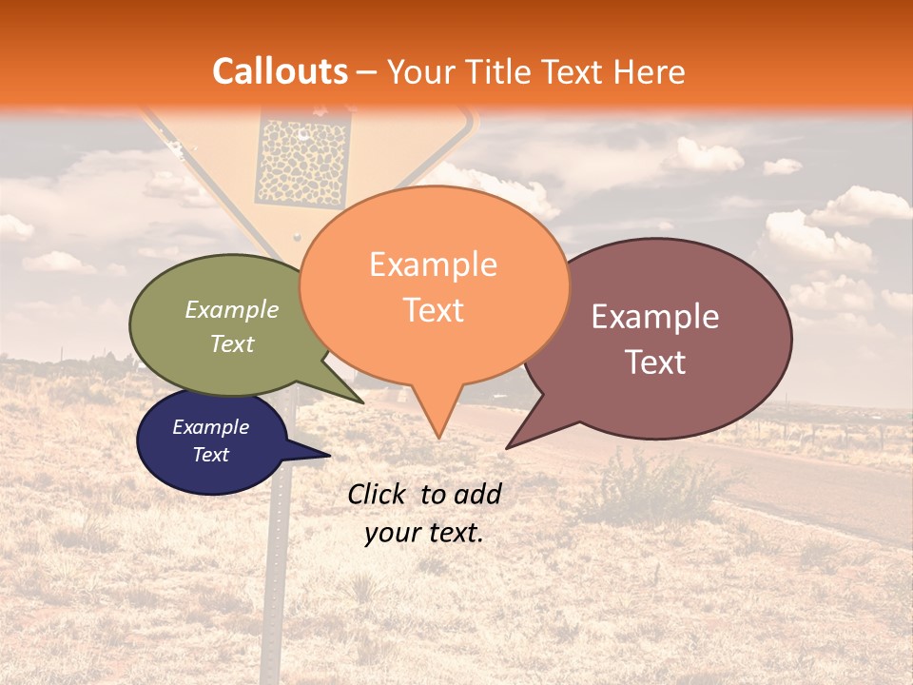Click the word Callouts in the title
coord(280,71)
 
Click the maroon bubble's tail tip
coord(508,447)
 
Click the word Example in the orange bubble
coord(434,264)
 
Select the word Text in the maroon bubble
coord(655,362)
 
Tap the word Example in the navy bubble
coord(211,427)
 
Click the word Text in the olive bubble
coord(232,343)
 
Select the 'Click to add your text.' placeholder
coord(424,513)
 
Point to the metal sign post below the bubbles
coord(278,571)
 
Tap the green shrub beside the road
coord(656,485)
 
